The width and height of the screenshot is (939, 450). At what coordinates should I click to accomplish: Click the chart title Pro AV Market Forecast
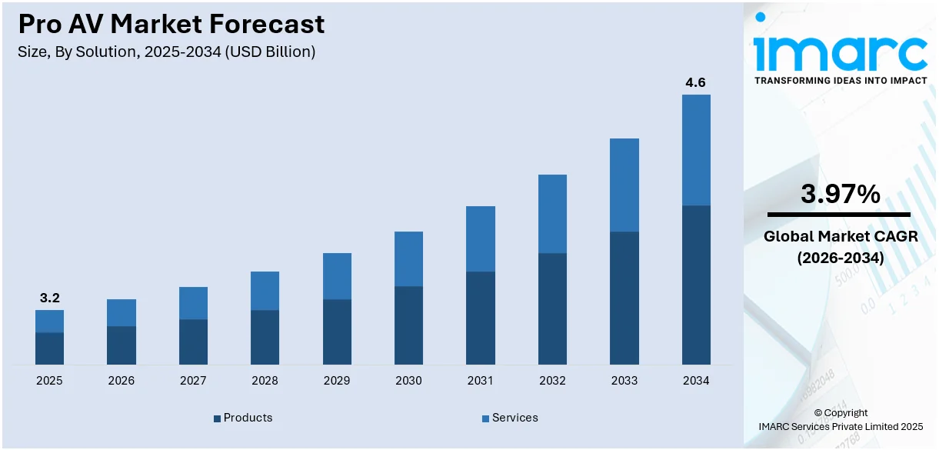pyautogui.click(x=171, y=25)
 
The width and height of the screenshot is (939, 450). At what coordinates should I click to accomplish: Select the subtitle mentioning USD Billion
pyautogui.click(x=167, y=52)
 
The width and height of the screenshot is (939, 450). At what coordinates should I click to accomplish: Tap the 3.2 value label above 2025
pyautogui.click(x=49, y=298)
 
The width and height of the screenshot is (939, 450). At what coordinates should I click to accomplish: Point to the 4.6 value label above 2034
pyautogui.click(x=696, y=82)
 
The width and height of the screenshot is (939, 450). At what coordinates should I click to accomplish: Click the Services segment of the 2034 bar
pyautogui.click(x=696, y=150)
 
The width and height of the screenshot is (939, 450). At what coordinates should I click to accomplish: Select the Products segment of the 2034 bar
pyautogui.click(x=696, y=285)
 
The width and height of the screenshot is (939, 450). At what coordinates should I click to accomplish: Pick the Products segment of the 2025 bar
pyautogui.click(x=49, y=348)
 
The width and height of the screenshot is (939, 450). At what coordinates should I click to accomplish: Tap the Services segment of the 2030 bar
pyautogui.click(x=408, y=258)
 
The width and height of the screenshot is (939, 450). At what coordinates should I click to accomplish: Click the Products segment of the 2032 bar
pyautogui.click(x=552, y=308)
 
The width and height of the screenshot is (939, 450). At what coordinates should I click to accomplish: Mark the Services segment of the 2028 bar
pyautogui.click(x=265, y=291)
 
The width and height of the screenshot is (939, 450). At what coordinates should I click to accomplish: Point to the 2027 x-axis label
pyautogui.click(x=193, y=381)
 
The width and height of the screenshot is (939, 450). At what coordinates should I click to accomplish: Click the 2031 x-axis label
pyautogui.click(x=481, y=381)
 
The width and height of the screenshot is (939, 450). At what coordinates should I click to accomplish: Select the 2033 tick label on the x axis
pyautogui.click(x=624, y=381)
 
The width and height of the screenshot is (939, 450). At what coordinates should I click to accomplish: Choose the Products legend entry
pyautogui.click(x=243, y=418)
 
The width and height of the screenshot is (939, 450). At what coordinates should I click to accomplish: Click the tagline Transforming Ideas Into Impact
pyautogui.click(x=841, y=80)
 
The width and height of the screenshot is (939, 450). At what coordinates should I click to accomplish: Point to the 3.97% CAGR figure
pyautogui.click(x=840, y=195)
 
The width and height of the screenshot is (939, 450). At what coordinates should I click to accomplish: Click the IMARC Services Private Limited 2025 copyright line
pyautogui.click(x=840, y=426)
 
